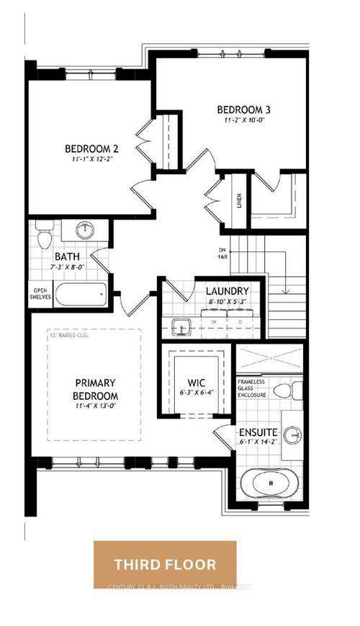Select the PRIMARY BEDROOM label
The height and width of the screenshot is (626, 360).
pyautogui.click(x=96, y=390)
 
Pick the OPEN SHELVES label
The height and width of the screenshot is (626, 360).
pyautogui.click(x=39, y=295)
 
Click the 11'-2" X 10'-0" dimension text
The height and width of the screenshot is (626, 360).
pyautogui.click(x=246, y=121)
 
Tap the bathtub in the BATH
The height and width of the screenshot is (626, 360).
pyautogui.click(x=81, y=295)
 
